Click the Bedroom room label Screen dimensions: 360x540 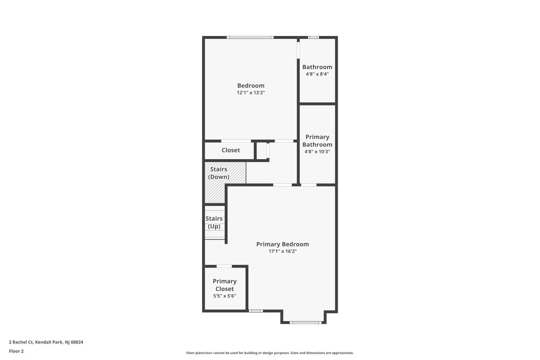[251, 86]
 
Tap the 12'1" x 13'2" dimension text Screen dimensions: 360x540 [251, 93]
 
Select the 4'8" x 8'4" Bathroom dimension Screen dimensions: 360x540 [317, 74]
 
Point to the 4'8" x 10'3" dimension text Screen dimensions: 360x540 [317, 152]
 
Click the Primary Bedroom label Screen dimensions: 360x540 [282, 244]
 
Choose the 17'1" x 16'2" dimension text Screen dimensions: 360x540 [282, 251]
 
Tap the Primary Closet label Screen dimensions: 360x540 [224, 285]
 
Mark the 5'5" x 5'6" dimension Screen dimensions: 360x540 [224, 296]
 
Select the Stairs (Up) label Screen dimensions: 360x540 [214, 222]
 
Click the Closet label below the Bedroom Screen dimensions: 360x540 [230, 150]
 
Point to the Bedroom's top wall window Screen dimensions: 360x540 [250, 37]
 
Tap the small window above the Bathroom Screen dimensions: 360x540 [313, 37]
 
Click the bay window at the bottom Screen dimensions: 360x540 [305, 322]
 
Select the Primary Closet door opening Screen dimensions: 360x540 [224, 266]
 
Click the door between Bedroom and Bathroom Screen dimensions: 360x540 [298, 50]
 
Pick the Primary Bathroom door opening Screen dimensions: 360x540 [309, 185]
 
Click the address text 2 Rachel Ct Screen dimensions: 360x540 [46, 342]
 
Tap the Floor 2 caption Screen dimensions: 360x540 [16, 351]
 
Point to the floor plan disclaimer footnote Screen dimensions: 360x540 [270, 353]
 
